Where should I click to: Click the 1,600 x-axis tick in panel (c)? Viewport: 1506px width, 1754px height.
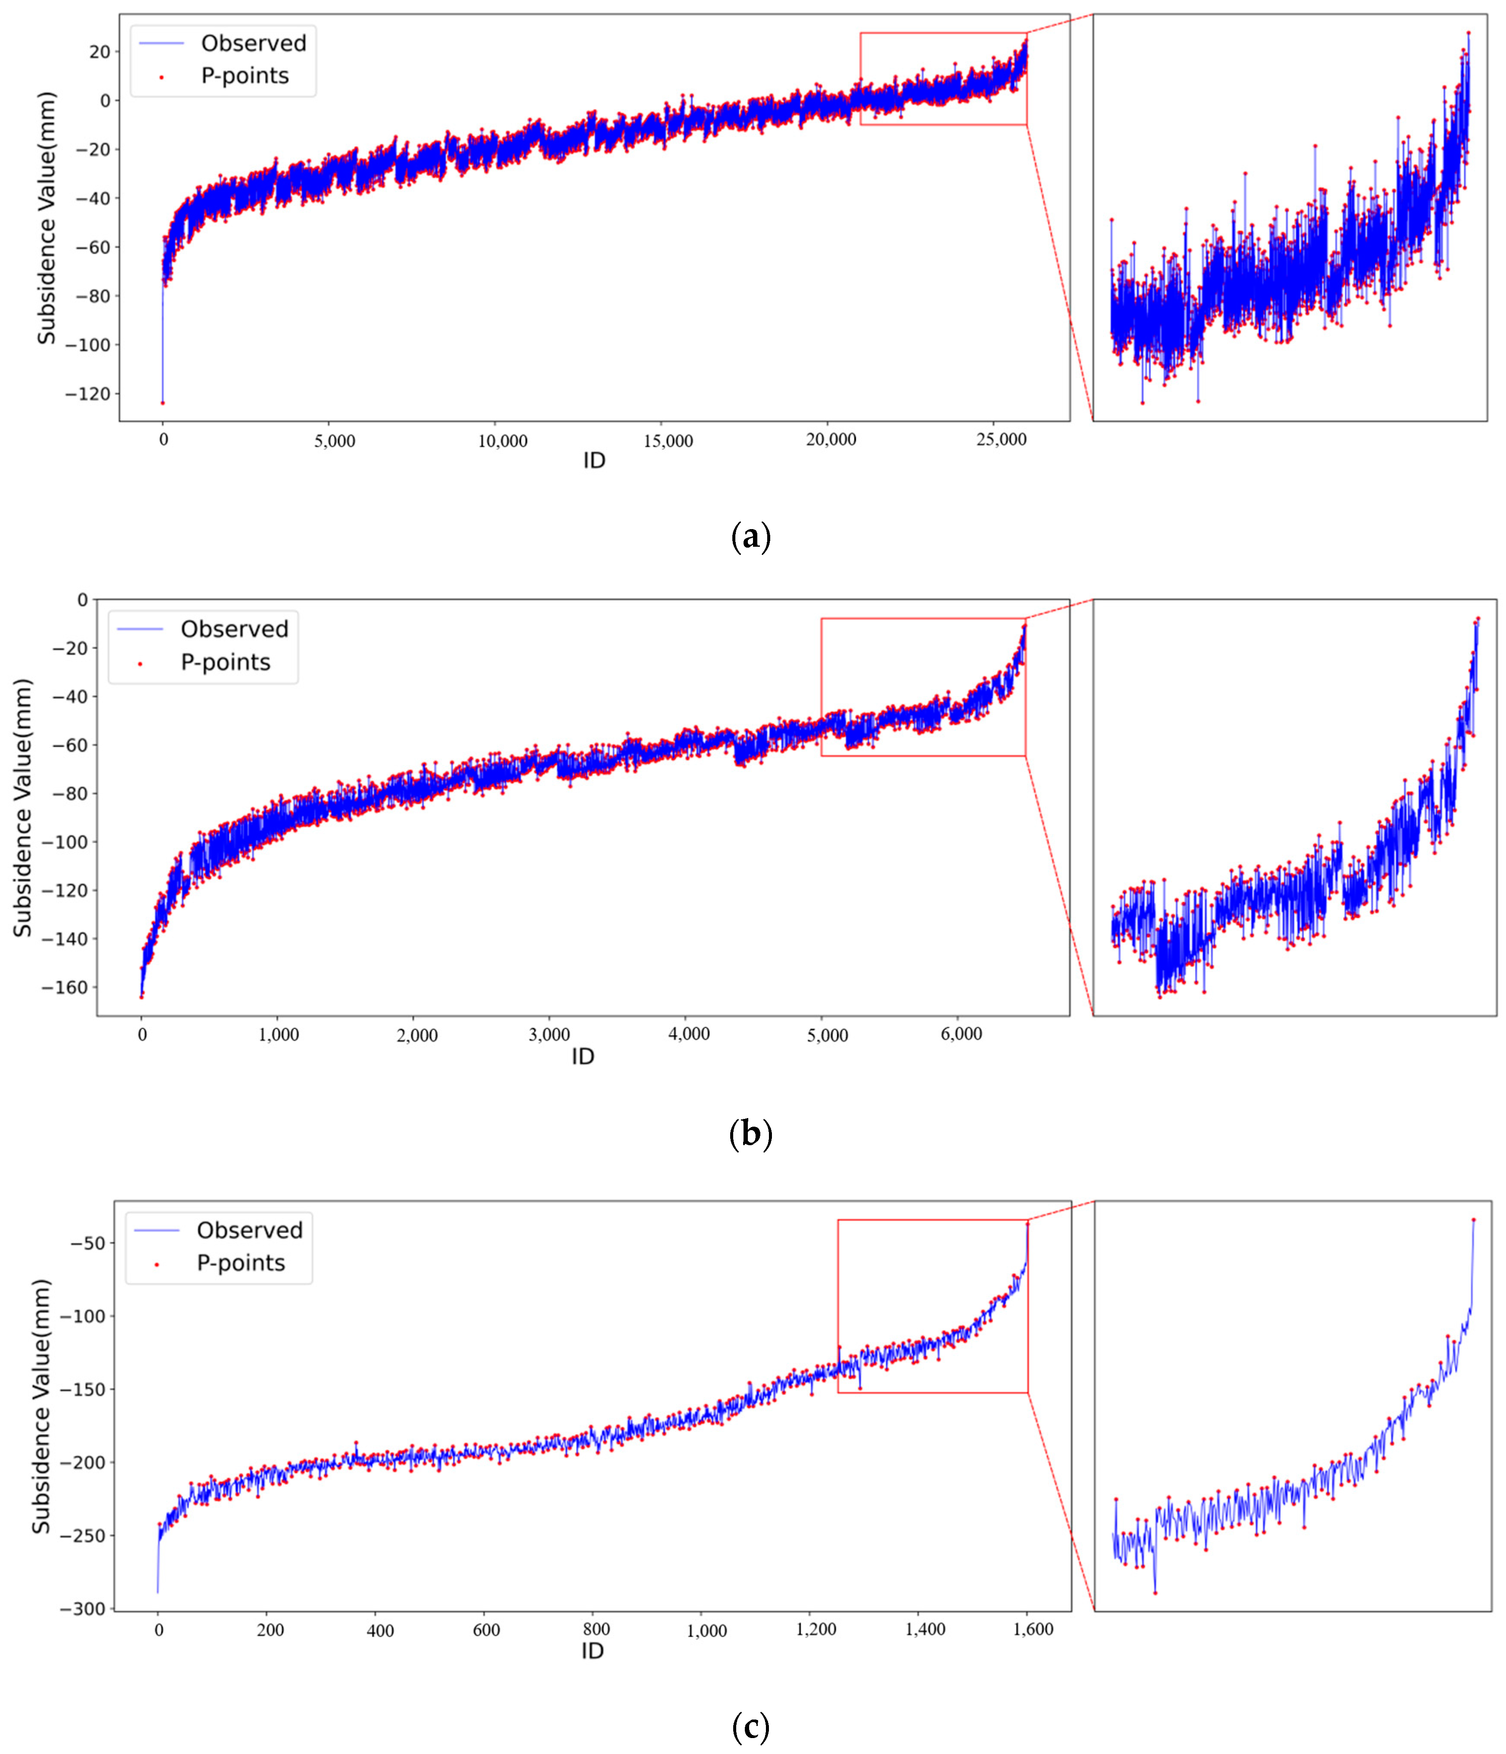click(x=1027, y=1629)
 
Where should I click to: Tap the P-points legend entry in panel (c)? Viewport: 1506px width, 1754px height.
click(x=240, y=1263)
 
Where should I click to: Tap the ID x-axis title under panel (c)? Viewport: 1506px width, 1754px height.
click(x=592, y=1651)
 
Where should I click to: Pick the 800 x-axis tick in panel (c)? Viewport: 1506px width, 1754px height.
click(x=596, y=1629)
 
